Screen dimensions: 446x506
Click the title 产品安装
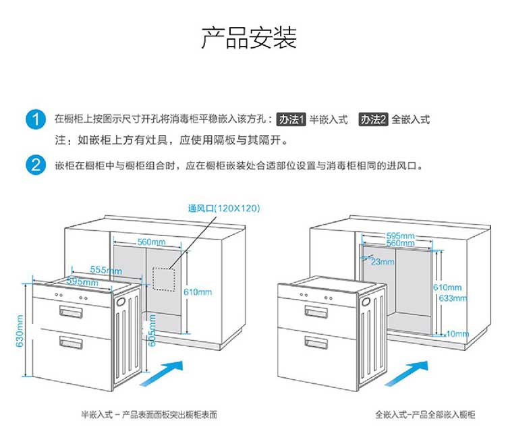tap(249, 38)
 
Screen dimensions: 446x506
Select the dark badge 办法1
tap(292, 119)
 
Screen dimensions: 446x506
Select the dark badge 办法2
tap(373, 119)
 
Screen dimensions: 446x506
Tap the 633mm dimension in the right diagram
tap(453, 298)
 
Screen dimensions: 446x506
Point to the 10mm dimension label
tap(457, 334)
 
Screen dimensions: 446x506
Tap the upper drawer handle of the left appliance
tap(72, 312)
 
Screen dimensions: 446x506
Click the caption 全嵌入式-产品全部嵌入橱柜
tap(425, 415)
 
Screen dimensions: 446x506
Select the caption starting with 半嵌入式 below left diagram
tap(149, 415)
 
